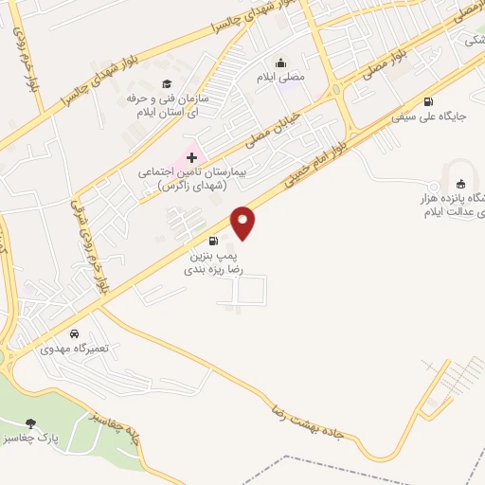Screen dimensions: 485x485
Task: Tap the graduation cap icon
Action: point(167,84)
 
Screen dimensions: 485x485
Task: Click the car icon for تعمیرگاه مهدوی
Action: point(74,333)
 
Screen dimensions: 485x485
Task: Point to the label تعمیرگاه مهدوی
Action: point(74,349)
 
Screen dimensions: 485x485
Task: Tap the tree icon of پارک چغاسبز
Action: point(33,423)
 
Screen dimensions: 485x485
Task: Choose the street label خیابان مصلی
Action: point(275,129)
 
